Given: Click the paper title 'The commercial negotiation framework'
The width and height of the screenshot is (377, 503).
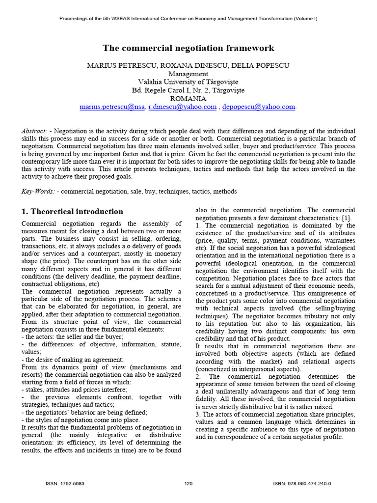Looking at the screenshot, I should click(x=188, y=48).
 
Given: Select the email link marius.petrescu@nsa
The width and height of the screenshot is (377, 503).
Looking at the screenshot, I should click(x=112, y=107).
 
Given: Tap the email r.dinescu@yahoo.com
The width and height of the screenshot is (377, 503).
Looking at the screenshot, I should click(x=182, y=107).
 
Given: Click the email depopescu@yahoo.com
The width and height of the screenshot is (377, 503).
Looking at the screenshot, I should click(x=259, y=107).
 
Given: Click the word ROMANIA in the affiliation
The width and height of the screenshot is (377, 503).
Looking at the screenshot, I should click(x=188, y=98).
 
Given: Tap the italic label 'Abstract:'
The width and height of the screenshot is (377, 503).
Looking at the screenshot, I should click(x=35, y=131).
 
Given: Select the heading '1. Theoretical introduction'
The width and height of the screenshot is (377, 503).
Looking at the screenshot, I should click(x=72, y=212).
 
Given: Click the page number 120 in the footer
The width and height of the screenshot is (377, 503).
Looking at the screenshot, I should click(x=188, y=483).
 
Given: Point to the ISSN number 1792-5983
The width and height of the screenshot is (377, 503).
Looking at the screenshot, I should click(x=72, y=483).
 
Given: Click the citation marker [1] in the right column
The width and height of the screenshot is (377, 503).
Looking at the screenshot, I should click(x=346, y=218).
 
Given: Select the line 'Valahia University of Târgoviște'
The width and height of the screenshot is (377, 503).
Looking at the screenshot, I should click(x=188, y=82).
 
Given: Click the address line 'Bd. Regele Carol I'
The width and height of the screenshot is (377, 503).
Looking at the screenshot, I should click(x=188, y=90).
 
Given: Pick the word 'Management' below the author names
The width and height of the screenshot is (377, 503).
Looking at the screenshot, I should click(x=188, y=74).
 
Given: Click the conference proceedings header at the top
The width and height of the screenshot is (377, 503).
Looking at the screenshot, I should click(x=188, y=19).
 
